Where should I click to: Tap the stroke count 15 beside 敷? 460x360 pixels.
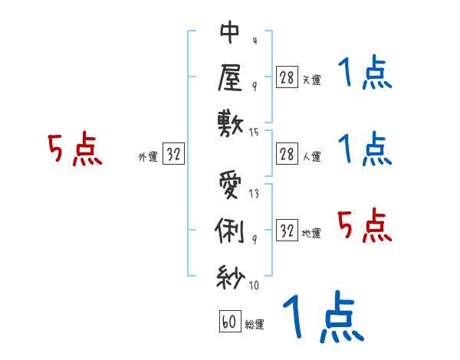coord(255,133)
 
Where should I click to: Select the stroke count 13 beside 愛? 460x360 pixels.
coord(255,194)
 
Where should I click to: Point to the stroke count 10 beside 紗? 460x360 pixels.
coord(255,286)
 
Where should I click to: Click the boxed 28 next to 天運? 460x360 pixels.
coord(287,77)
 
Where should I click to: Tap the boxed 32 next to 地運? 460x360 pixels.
coord(287,231)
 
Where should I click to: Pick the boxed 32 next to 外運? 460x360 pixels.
coord(173,154)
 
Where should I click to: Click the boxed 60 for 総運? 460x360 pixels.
coord(229,322)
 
